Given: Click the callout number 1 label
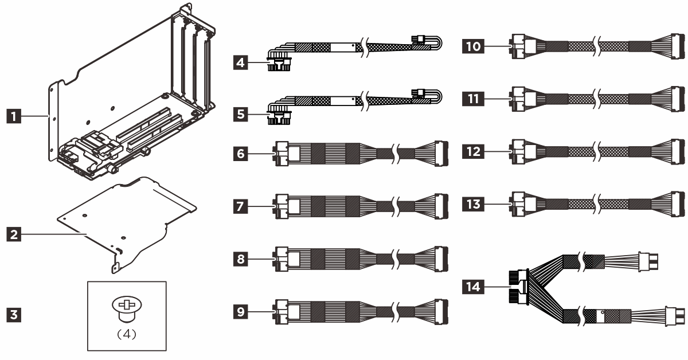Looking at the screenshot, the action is click(x=14, y=116).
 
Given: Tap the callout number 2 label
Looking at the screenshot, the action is click(x=14, y=234).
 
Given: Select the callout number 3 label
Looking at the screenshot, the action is click(x=14, y=315).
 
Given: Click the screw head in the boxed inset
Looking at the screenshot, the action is click(x=127, y=305).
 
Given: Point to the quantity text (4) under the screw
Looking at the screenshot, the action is click(x=127, y=334).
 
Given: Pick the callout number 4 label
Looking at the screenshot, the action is click(x=240, y=62).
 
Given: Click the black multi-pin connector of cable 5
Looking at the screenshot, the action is click(x=279, y=118).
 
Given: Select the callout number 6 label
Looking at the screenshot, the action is click(x=240, y=153).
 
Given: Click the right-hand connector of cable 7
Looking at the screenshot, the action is click(x=441, y=206).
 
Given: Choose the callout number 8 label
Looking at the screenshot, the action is click(x=240, y=259).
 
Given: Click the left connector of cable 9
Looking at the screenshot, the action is click(x=281, y=312).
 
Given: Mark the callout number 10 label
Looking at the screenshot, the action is click(x=473, y=46).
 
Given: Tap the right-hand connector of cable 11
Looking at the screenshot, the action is click(x=678, y=99).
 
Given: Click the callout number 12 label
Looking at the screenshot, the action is click(x=473, y=151).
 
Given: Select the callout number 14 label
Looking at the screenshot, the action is click(x=473, y=287).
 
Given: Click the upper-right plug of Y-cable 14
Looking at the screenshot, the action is click(x=648, y=262).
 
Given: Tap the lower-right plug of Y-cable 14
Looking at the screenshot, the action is click(x=675, y=316).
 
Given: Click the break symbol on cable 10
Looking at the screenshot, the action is click(x=596, y=46).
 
